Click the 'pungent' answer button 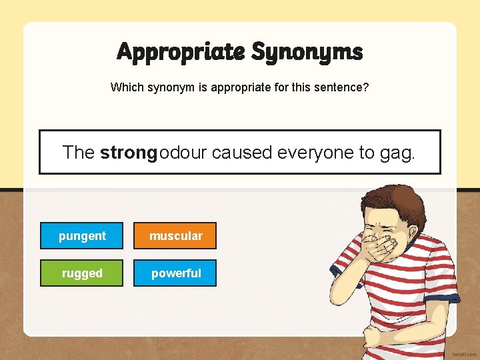pos(82,235)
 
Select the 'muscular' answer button pos(175,235)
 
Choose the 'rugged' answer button pos(82,273)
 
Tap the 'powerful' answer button pos(175,273)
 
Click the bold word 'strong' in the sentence pos(128,153)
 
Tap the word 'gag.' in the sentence pos(397,153)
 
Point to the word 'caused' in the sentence pos(243,153)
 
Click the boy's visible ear pos(417,229)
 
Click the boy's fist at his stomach pos(374,337)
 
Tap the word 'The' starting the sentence pos(79,153)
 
